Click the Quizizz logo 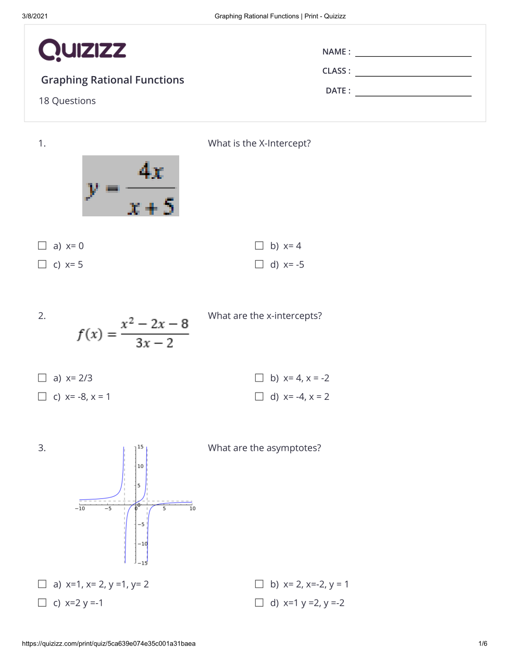click(82, 50)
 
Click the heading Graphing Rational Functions click(113, 80)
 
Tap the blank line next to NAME click(413, 52)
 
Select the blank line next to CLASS click(413, 71)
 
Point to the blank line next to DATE click(413, 91)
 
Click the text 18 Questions click(67, 101)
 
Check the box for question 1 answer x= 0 click(42, 246)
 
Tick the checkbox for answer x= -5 click(259, 264)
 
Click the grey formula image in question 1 click(131, 186)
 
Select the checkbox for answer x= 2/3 click(42, 378)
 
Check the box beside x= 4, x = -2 click(259, 378)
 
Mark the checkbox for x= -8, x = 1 click(42, 397)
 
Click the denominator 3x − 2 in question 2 click(154, 343)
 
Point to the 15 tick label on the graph click(140, 447)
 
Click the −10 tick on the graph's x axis click(80, 508)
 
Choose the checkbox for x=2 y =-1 click(42, 603)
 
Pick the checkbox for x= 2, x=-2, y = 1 click(259, 584)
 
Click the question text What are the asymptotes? click(264, 448)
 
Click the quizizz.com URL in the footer click(109, 643)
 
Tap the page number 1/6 click(483, 643)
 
